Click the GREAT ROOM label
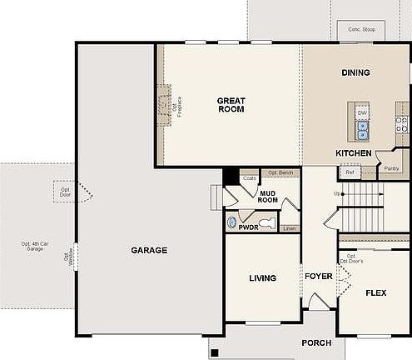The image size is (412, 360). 231,105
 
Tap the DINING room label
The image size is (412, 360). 355,72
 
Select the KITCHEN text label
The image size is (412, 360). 354,153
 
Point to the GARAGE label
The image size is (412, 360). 149,250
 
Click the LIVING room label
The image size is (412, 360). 262,278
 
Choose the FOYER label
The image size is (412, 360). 318,276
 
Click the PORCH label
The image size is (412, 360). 316,342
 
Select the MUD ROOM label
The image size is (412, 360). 267,196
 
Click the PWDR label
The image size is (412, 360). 248,226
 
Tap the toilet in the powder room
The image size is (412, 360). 266,222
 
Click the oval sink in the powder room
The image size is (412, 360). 231,222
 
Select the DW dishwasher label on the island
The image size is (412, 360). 362,112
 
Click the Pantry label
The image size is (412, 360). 391,167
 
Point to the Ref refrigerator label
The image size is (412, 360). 350,172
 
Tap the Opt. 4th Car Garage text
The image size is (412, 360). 34,247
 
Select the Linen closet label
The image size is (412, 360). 289,227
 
